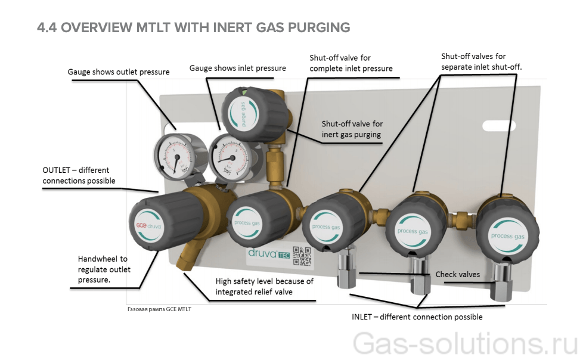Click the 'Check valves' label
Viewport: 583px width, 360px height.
click(457, 274)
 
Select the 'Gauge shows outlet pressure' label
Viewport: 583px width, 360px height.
click(119, 72)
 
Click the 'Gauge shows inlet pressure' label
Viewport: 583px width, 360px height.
click(237, 68)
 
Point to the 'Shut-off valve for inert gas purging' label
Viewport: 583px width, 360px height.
click(352, 129)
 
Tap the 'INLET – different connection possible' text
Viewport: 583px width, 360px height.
click(417, 316)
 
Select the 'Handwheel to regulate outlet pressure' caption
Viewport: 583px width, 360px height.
click(104, 269)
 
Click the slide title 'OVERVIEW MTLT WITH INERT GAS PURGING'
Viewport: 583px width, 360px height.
click(193, 27)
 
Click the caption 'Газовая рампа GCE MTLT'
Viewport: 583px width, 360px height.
click(160, 309)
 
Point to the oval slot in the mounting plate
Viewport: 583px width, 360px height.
click(500, 126)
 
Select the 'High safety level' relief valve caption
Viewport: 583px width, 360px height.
click(264, 286)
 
